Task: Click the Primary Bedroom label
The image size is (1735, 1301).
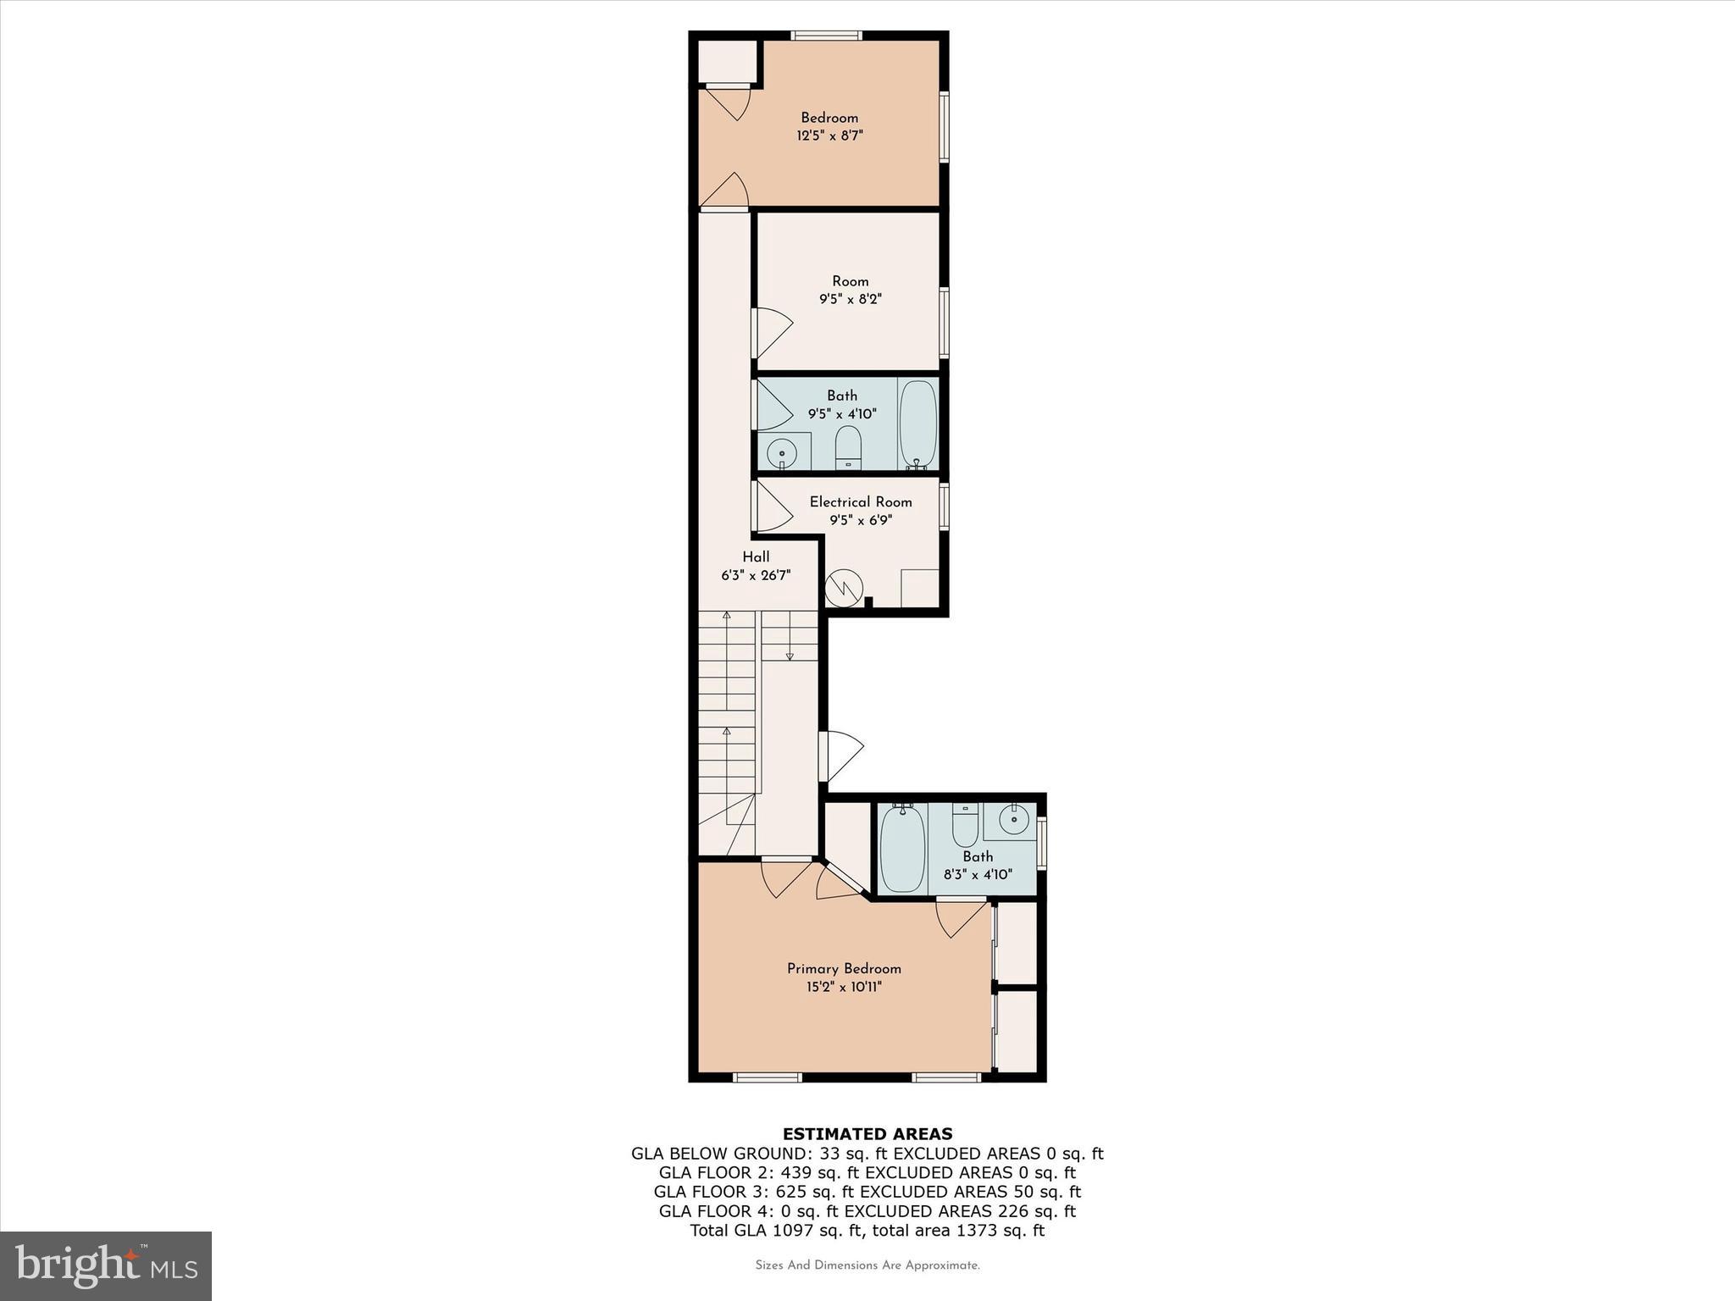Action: point(844,968)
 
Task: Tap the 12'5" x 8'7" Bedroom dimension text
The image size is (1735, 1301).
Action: point(829,136)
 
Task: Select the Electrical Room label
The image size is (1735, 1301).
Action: point(860,501)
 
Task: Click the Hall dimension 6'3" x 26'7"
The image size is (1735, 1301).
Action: point(756,575)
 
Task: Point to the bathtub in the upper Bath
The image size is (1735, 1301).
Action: point(917,424)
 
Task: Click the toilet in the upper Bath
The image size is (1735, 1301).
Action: point(848,446)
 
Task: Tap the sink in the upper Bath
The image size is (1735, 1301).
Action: point(781,454)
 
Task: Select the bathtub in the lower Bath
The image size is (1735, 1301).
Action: point(902,848)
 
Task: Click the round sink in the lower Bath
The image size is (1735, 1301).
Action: point(1013,819)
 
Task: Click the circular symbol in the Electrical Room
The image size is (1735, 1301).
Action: point(844,587)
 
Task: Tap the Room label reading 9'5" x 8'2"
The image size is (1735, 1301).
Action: point(850,299)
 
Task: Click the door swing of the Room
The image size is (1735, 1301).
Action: point(772,331)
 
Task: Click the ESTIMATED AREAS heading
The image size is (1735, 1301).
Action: point(867,1133)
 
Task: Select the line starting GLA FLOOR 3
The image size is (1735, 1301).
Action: point(867,1192)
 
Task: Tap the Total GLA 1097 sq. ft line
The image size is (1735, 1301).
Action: point(867,1231)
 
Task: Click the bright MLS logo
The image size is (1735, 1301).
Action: point(106,1266)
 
